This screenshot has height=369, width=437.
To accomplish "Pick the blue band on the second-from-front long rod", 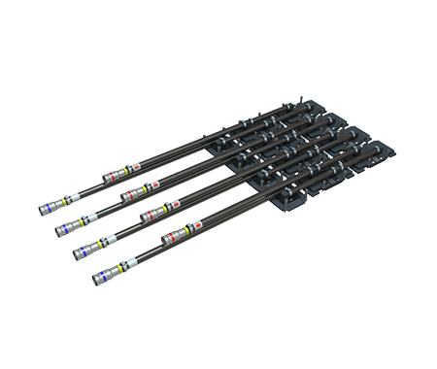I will pyautogui.click(x=81, y=254).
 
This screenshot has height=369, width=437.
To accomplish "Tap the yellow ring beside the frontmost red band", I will pyautogui.click(x=185, y=230).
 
